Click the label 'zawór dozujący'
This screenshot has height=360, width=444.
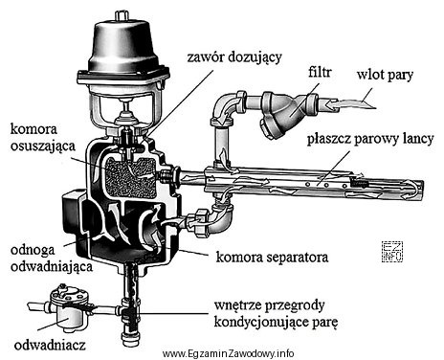point(234,58)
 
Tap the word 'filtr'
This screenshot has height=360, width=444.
point(320,73)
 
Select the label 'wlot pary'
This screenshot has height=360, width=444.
point(385,76)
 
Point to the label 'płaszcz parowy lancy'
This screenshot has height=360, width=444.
point(370,140)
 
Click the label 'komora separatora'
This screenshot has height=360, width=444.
point(272,257)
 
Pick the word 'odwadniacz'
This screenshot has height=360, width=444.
point(50,345)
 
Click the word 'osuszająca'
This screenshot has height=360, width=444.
point(43,146)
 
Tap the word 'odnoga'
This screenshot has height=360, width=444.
point(33,251)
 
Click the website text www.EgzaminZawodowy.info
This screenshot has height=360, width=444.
point(228,353)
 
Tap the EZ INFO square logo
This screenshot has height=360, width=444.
point(392,252)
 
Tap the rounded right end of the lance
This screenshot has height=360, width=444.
point(417,191)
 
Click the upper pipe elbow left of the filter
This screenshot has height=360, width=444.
point(226,108)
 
